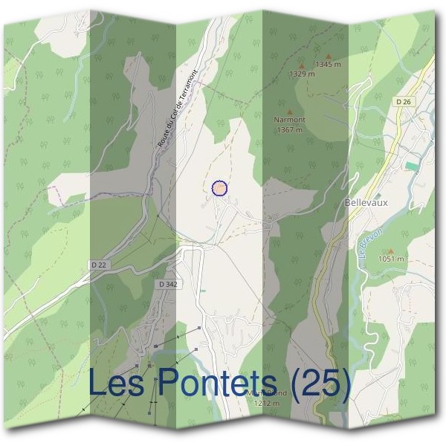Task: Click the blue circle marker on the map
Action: [x=219, y=188]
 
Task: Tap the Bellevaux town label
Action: [x=367, y=201]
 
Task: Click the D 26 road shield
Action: [x=404, y=101]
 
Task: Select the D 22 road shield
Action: [x=99, y=265]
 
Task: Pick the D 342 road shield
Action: [x=167, y=284]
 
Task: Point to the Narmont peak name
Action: [x=289, y=119]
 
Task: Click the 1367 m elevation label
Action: [x=289, y=129]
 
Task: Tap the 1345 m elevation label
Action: [x=328, y=65]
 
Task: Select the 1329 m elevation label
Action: [x=301, y=74]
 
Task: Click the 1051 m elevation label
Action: [x=390, y=259]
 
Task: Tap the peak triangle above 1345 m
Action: [x=328, y=56]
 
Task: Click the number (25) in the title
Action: [x=319, y=384]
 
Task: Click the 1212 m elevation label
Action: [x=265, y=403]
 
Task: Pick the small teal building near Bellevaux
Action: [x=411, y=164]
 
